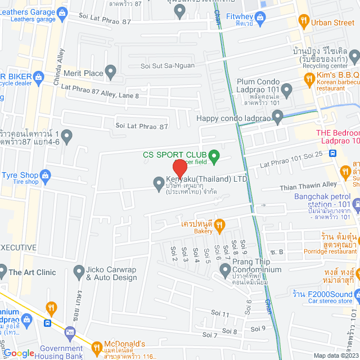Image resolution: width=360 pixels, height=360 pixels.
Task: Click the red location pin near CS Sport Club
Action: pyautogui.click(x=179, y=167)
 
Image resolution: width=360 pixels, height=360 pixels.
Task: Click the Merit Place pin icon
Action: pyautogui.click(x=111, y=72)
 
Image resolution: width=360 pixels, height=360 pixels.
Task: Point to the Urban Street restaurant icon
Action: pyautogui.click(x=304, y=22)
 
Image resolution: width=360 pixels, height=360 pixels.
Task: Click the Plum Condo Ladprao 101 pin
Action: pyautogui.click(x=287, y=89)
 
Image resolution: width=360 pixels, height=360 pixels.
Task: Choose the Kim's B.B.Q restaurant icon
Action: pyautogui.click(x=309, y=79)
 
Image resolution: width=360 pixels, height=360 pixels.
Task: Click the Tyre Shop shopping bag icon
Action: pyautogui.click(x=46, y=175)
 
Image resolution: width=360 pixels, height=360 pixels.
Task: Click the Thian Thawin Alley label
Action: pyautogui.click(x=307, y=184)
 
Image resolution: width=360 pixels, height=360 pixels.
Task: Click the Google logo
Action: pyautogui.click(x=19, y=353)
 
